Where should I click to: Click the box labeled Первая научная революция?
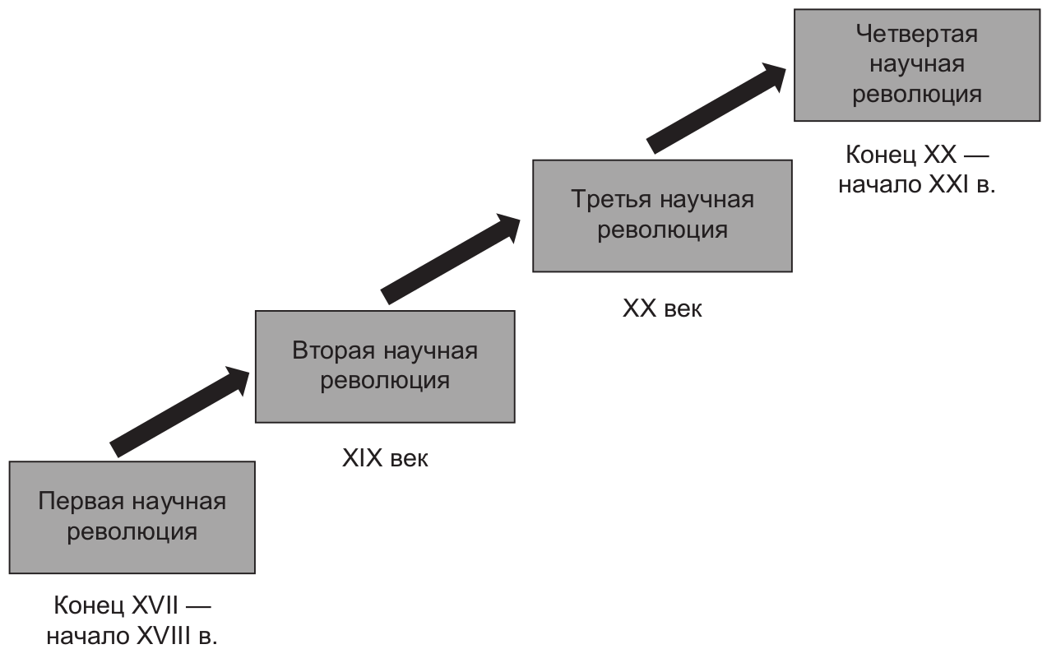pyautogui.click(x=132, y=517)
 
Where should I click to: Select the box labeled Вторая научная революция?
pyautogui.click(x=385, y=367)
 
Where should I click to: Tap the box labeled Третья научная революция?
pyautogui.click(x=662, y=216)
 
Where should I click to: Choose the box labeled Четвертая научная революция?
pyautogui.click(x=917, y=65)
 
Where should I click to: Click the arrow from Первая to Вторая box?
pyautogui.click(x=180, y=412)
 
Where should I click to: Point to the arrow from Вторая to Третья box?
pyautogui.click(x=451, y=259)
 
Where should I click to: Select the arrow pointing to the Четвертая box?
pyautogui.click(x=716, y=108)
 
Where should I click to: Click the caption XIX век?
pyautogui.click(x=385, y=458)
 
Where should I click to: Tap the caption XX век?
pyautogui.click(x=662, y=308)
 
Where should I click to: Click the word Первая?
pyautogui.click(x=81, y=503)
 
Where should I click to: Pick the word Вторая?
pyautogui.click(x=334, y=350)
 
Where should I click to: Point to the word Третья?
pyautogui.click(x=611, y=200)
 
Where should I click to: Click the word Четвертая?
pyautogui.click(x=917, y=34)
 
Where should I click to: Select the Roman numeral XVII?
pyautogui.click(x=155, y=605)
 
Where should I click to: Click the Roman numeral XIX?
pyautogui.click(x=362, y=458)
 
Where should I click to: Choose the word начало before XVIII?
pyautogui.click(x=88, y=637)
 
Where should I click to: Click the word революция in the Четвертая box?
pyautogui.click(x=917, y=95)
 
